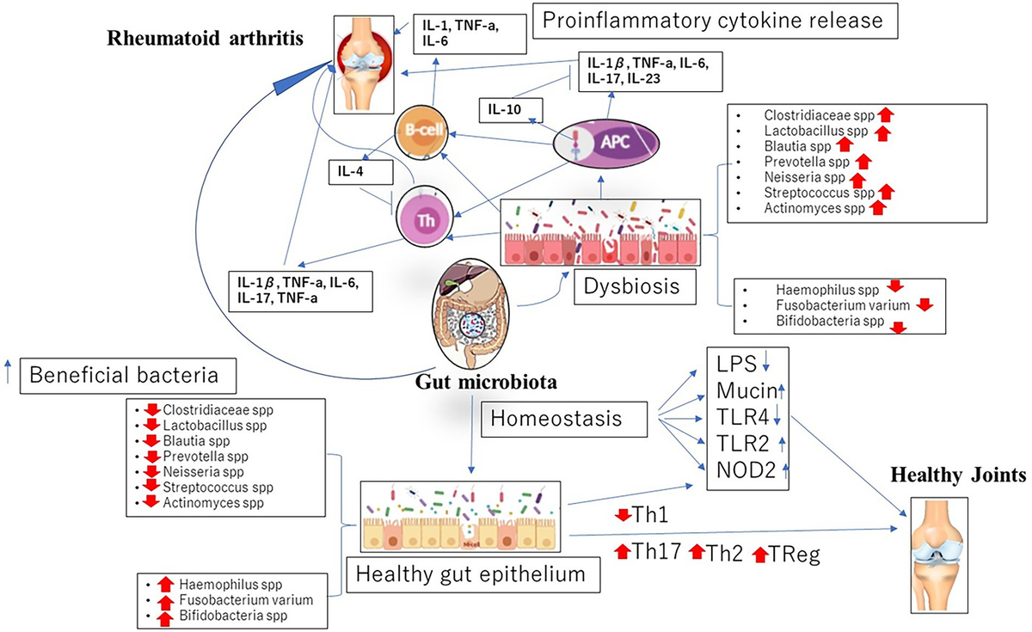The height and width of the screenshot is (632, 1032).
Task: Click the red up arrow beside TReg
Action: [759, 555]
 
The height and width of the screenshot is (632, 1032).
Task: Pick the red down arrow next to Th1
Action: [622, 515]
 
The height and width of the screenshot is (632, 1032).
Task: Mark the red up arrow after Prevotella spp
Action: [864, 160]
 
